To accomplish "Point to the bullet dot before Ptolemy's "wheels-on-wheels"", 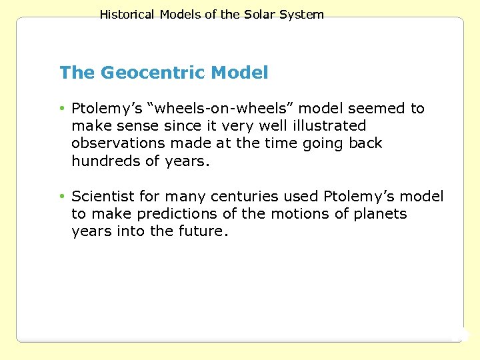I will click(62, 109).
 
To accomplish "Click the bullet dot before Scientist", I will click(62, 197).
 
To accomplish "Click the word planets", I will click(381, 214).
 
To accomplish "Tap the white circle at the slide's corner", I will click(461, 335).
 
